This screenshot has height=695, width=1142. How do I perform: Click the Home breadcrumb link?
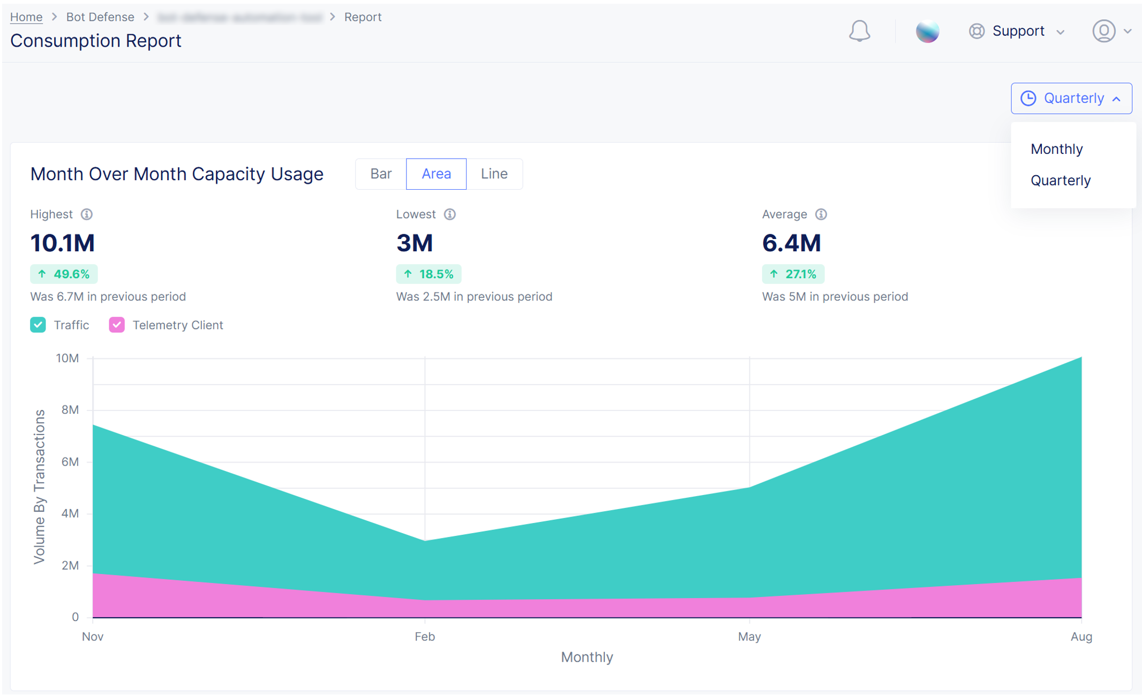pyautogui.click(x=26, y=17)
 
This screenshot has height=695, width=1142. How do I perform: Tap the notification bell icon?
pyautogui.click(x=859, y=31)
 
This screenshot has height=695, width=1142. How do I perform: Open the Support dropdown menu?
pyautogui.click(x=1017, y=31)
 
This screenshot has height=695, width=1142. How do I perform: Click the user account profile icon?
pyautogui.click(x=1103, y=31)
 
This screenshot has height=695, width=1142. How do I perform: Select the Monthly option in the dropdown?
pyautogui.click(x=1056, y=149)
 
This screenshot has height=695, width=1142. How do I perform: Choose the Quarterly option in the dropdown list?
pyautogui.click(x=1060, y=181)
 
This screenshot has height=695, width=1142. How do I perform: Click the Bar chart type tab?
pyautogui.click(x=381, y=174)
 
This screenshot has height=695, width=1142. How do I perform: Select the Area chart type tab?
pyautogui.click(x=436, y=174)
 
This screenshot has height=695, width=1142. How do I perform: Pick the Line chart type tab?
pyautogui.click(x=494, y=174)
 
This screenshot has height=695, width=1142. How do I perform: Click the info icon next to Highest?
pyautogui.click(x=87, y=214)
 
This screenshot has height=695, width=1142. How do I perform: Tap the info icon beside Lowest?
pyautogui.click(x=450, y=214)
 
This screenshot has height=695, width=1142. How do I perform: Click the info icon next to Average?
pyautogui.click(x=821, y=214)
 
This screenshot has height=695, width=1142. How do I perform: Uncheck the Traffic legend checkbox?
pyautogui.click(x=38, y=325)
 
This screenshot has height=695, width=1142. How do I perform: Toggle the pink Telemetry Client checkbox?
pyautogui.click(x=117, y=325)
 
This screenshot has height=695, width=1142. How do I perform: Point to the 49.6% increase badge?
pyautogui.click(x=64, y=274)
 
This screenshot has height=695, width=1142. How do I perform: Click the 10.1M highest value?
pyautogui.click(x=63, y=243)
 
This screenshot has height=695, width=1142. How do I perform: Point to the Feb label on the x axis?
pyautogui.click(x=425, y=637)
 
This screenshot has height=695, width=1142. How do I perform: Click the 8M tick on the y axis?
pyautogui.click(x=70, y=410)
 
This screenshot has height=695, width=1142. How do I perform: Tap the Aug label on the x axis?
pyautogui.click(x=1081, y=637)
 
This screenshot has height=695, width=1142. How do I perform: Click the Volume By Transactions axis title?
pyautogui.click(x=40, y=487)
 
